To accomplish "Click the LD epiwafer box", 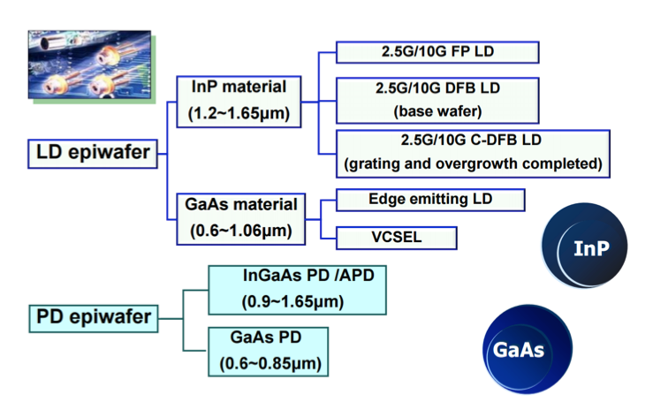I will point(93,154).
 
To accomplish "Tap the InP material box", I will point(239,100).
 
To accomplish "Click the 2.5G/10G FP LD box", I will point(437,52).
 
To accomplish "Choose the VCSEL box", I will point(397,238).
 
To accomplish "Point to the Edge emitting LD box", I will point(431,200).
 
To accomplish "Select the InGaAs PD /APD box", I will point(297,288).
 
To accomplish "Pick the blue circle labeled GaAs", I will point(527,349).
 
